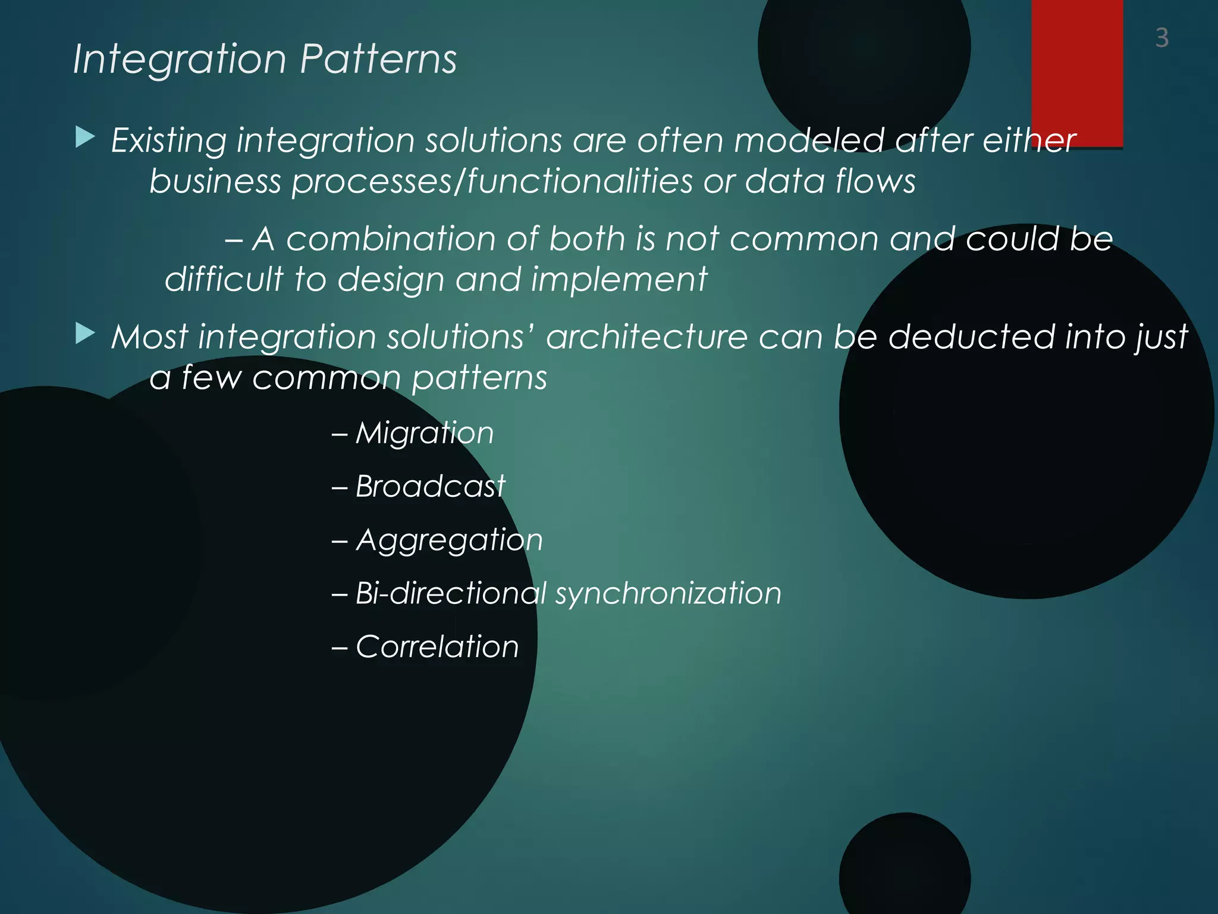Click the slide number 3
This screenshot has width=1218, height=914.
(1162, 38)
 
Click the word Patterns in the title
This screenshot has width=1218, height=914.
(378, 60)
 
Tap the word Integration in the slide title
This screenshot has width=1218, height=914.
(180, 60)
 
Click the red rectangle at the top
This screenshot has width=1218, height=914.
(1076, 71)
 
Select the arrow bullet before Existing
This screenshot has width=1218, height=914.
(85, 137)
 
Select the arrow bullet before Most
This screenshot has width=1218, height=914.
(85, 334)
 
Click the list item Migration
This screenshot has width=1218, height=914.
(425, 433)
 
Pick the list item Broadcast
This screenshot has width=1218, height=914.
(430, 486)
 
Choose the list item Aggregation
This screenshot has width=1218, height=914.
(449, 540)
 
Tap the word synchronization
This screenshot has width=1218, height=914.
(668, 593)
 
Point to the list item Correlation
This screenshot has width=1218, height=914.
(437, 647)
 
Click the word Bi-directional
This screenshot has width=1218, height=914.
(450, 593)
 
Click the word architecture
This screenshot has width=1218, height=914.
(646, 337)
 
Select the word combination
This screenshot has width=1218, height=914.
(391, 239)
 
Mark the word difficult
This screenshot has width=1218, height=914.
(224, 279)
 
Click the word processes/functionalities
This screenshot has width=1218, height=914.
(492, 181)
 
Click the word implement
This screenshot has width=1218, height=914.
(619, 280)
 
